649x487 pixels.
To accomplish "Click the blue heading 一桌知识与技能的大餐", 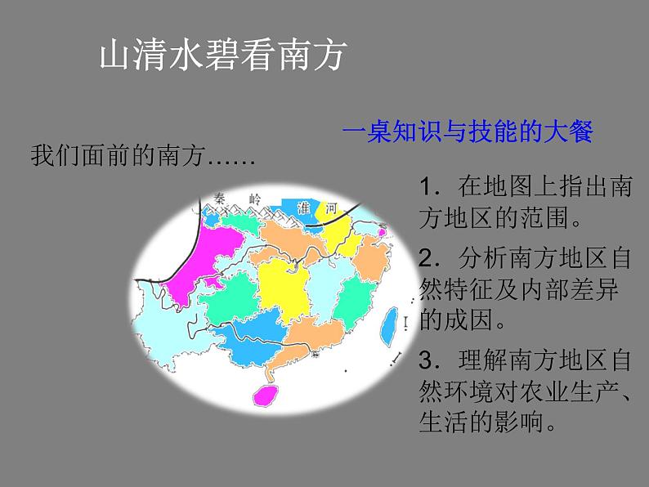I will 468,132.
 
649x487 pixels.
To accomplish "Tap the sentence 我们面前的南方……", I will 143,155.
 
